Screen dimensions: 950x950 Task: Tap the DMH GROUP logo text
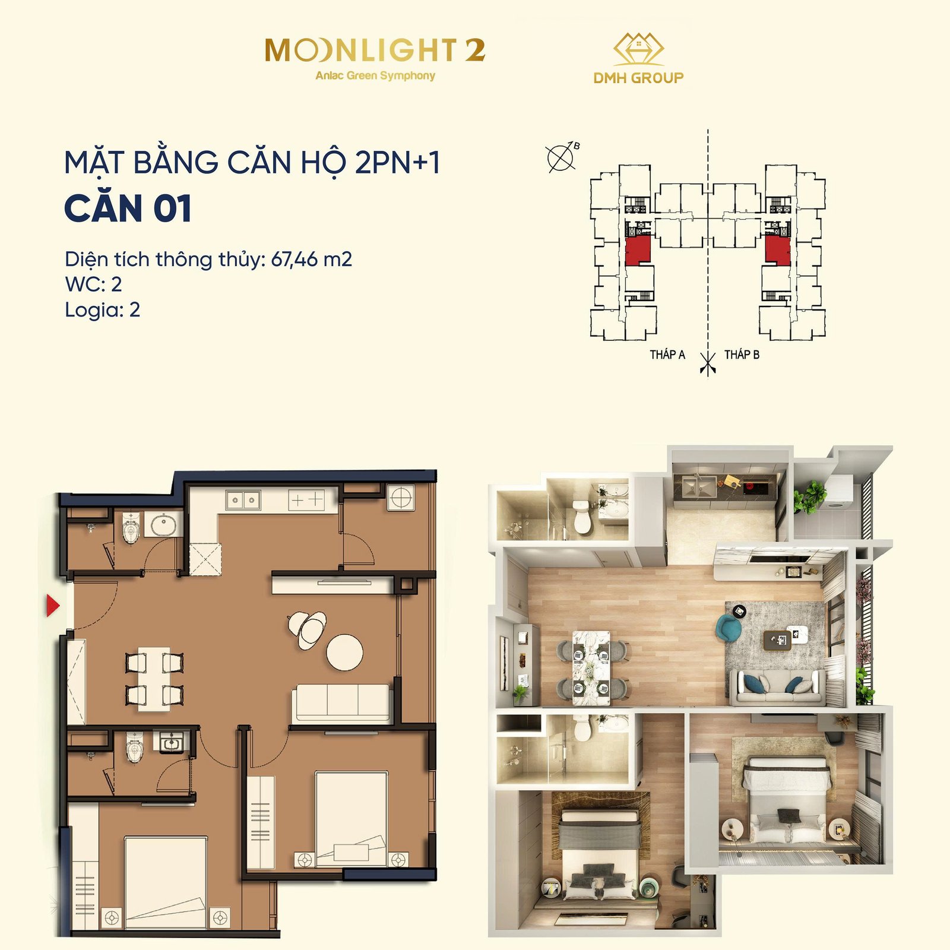(x=638, y=78)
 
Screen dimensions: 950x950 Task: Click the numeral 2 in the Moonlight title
(x=475, y=50)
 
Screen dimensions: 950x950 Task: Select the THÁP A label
(x=667, y=354)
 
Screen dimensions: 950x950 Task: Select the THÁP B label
(x=742, y=354)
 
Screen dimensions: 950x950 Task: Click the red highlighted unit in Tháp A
(x=638, y=249)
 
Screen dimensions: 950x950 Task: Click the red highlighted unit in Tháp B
(x=778, y=249)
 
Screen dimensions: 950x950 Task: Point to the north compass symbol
(x=561, y=157)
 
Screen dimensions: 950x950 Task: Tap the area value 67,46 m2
(x=312, y=259)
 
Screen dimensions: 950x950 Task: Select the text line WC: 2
(x=93, y=284)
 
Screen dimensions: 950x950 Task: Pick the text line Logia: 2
(x=102, y=310)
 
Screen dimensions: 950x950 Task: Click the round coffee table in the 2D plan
(x=345, y=653)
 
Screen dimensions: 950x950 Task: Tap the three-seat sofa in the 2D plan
(x=341, y=704)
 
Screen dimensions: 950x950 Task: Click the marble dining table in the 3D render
(x=591, y=667)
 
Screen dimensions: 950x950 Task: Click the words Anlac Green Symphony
(x=375, y=76)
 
